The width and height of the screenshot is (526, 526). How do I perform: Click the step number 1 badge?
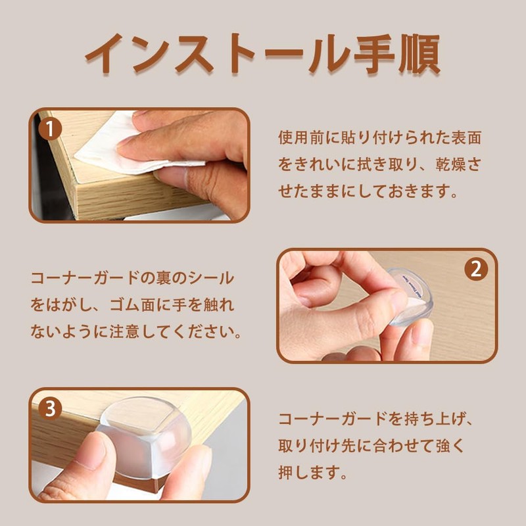(x=50, y=130)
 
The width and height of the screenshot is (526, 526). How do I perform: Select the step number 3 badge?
(x=50, y=409)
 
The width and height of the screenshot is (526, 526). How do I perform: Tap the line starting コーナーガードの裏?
(x=132, y=278)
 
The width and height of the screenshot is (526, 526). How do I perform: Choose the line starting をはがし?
(x=132, y=306)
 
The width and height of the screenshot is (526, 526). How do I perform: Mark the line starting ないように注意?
(x=132, y=333)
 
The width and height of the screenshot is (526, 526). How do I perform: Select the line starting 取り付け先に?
(x=371, y=446)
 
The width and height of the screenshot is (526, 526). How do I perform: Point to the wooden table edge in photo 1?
(x=118, y=197)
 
